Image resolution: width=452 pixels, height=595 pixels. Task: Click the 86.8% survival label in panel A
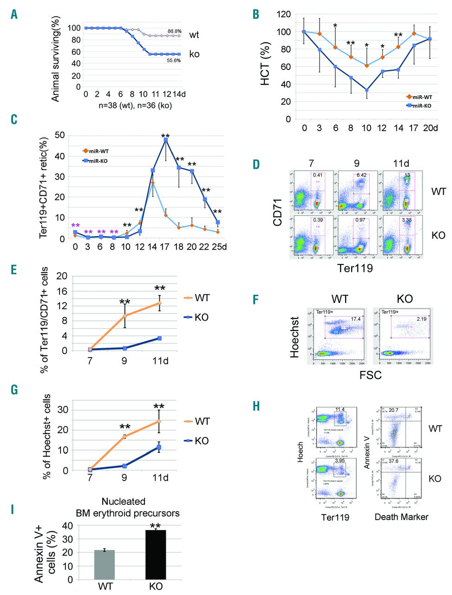(x=174, y=31)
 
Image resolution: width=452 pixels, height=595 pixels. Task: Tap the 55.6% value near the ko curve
(x=173, y=60)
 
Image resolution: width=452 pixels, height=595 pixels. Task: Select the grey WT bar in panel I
(x=105, y=565)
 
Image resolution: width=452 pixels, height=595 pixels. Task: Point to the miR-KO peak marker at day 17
(x=165, y=139)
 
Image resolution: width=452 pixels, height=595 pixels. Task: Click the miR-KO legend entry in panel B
(x=419, y=106)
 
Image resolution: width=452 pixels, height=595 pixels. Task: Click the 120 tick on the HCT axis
(x=283, y=14)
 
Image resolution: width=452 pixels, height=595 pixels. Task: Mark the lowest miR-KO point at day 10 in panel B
(x=367, y=90)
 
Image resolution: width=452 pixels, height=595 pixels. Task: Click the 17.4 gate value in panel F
(x=356, y=319)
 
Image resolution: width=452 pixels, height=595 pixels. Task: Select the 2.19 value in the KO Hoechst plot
(x=421, y=319)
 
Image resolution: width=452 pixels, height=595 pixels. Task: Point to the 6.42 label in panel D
(x=360, y=175)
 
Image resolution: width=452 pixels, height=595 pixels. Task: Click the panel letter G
(x=14, y=389)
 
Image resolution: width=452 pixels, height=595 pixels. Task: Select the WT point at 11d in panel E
(x=160, y=303)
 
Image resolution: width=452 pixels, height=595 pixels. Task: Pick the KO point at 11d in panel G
(x=159, y=447)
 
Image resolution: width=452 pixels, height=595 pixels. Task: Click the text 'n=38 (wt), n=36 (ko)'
(x=135, y=106)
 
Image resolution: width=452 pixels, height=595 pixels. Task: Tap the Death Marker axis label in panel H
(x=401, y=516)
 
